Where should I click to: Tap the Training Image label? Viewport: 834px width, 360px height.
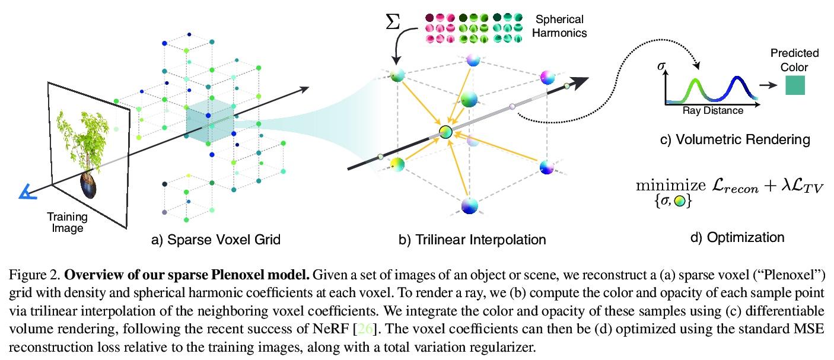click(x=67, y=222)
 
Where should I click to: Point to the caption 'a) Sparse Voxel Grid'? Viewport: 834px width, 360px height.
click(x=216, y=240)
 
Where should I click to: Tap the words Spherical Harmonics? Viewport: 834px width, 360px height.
click(x=559, y=26)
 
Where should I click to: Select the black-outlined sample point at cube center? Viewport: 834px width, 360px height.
click(x=446, y=132)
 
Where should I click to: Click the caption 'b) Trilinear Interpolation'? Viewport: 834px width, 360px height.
click(x=472, y=240)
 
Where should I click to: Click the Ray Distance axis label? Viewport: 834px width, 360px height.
click(x=712, y=110)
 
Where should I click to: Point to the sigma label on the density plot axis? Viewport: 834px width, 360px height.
click(x=661, y=67)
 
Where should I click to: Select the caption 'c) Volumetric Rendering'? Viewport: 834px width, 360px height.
click(x=734, y=140)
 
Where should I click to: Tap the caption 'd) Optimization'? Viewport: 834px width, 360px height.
click(x=737, y=237)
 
